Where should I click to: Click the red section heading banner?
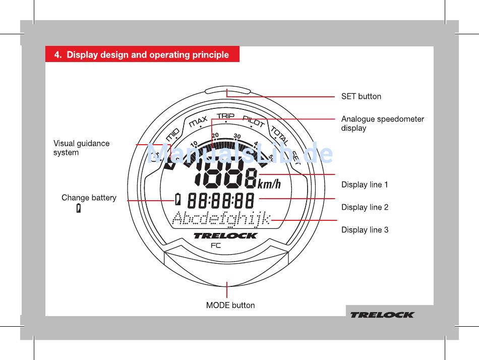(x=142, y=54)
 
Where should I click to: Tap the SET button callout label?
(x=361, y=96)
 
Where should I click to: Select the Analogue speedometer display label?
(x=382, y=124)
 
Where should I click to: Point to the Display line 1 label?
(x=365, y=185)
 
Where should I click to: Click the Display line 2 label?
(x=365, y=207)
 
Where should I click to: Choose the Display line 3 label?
(x=365, y=230)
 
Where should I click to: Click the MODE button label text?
(x=230, y=305)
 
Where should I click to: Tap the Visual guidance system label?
(x=81, y=148)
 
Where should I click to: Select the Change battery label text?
(x=89, y=198)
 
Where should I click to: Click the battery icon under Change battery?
(x=79, y=208)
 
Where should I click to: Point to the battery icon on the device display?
(x=178, y=200)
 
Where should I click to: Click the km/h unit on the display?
(x=269, y=184)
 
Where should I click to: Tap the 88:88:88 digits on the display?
(x=221, y=201)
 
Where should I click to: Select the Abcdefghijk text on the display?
(x=221, y=219)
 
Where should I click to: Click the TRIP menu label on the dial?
(x=225, y=116)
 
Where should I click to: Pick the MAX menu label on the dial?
(x=198, y=122)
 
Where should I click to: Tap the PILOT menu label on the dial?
(x=254, y=121)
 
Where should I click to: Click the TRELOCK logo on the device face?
(x=225, y=235)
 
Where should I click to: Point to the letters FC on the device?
(x=215, y=246)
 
